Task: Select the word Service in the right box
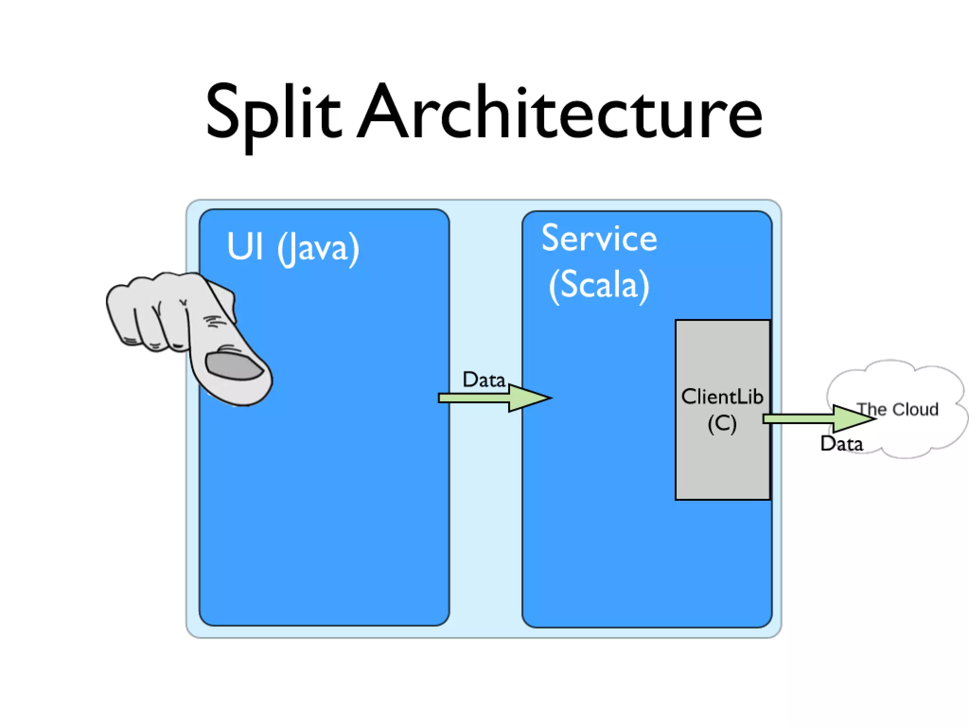599,239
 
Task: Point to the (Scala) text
599,285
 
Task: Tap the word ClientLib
722,397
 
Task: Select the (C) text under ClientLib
722,424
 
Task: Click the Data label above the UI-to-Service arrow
484,380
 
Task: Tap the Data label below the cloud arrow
842,444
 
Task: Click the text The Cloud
898,409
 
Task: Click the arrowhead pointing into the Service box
530,398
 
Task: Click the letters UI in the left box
245,247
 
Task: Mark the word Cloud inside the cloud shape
915,409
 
